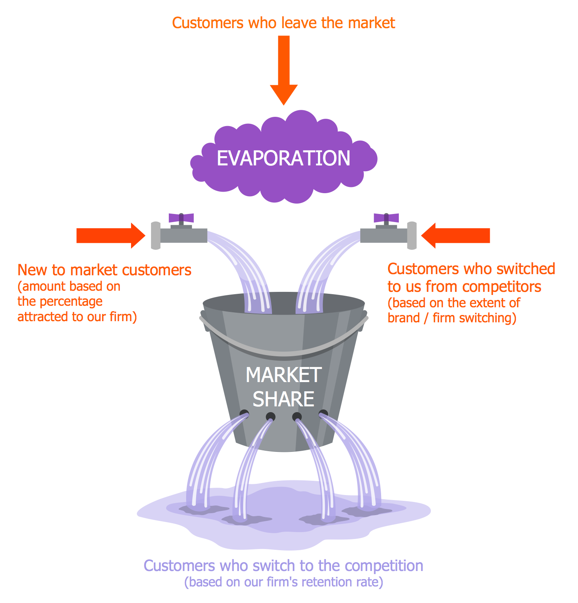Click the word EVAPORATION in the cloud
pyautogui.click(x=284, y=158)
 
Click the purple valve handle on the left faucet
pyautogui.click(x=181, y=218)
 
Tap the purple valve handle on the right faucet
pyautogui.click(x=386, y=218)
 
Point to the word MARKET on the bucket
pyautogui.click(x=284, y=375)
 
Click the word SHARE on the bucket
pyautogui.click(x=284, y=399)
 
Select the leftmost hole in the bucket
pyautogui.click(x=244, y=414)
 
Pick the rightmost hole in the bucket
pyautogui.click(x=323, y=414)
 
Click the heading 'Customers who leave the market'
pyautogui.click(x=284, y=23)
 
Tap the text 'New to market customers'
pyautogui.click(x=104, y=270)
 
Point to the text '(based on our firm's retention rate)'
pyautogui.click(x=284, y=582)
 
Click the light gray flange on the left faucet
pyautogui.click(x=156, y=235)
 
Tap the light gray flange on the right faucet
pyautogui.click(x=412, y=235)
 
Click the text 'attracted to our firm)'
pyautogui.click(x=77, y=317)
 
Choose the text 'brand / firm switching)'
pyautogui.click(x=452, y=318)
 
